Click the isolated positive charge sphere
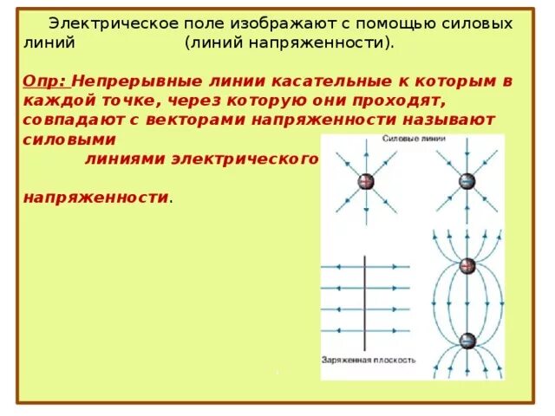coord(365,181)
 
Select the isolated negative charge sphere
coord(467,181)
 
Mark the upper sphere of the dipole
coord(468,265)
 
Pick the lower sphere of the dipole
coord(468,341)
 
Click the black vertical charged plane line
coord(365,303)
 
